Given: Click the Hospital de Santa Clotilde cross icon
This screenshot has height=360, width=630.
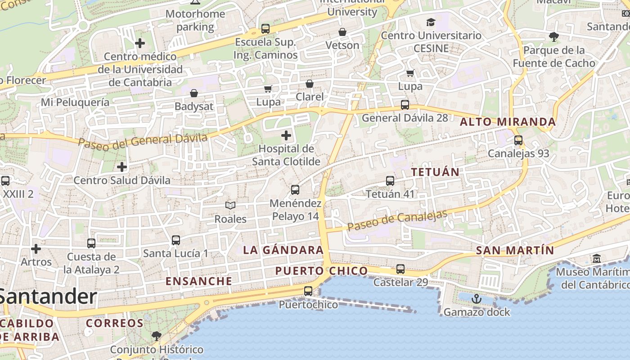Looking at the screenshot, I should pyautogui.click(x=286, y=135).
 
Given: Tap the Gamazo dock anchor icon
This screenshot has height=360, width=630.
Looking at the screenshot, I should pyautogui.click(x=476, y=299).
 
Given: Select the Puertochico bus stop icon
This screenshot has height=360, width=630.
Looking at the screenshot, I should pyautogui.click(x=308, y=291).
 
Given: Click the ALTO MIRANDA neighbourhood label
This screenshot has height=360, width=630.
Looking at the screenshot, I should pyautogui.click(x=508, y=122).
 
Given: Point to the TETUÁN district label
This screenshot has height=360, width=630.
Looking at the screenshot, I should pyautogui.click(x=435, y=172).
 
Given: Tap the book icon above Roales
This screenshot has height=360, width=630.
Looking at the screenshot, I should pyautogui.click(x=230, y=206).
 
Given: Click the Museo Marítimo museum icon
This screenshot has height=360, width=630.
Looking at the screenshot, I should pyautogui.click(x=597, y=259).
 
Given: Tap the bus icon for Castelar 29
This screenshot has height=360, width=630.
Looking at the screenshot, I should pyautogui.click(x=400, y=269).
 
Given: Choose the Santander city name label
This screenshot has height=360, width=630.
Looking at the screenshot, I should pyautogui.click(x=48, y=297).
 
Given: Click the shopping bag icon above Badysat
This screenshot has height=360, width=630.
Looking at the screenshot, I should pyautogui.click(x=193, y=93).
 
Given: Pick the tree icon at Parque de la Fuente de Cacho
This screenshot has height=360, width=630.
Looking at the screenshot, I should pyautogui.click(x=554, y=36).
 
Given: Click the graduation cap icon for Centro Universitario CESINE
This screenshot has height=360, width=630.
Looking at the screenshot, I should pyautogui.click(x=431, y=22).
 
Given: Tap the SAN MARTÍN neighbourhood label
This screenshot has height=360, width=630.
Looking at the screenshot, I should pyautogui.click(x=515, y=251).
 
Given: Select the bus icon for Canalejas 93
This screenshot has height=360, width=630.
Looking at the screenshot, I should pyautogui.click(x=518, y=140).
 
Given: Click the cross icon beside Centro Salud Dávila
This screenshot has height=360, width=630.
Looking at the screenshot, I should pyautogui.click(x=121, y=167).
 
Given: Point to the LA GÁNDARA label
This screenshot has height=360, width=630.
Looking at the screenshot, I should pyautogui.click(x=283, y=250).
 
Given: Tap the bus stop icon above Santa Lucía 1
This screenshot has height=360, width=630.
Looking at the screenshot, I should pyautogui.click(x=176, y=240).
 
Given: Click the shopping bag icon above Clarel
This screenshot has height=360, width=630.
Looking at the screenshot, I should pyautogui.click(x=310, y=84).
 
